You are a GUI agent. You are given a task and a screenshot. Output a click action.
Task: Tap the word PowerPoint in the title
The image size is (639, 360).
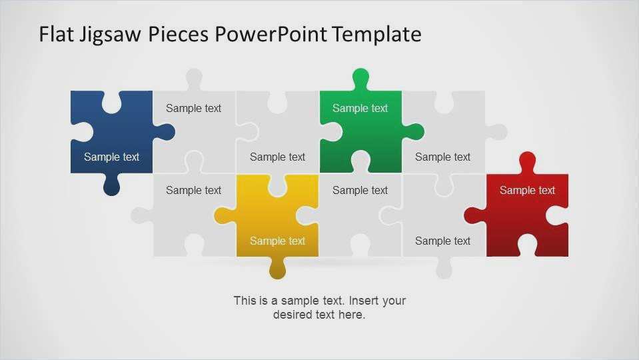(x=271, y=34)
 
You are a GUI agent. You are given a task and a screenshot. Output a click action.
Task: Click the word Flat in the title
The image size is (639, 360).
(x=57, y=34)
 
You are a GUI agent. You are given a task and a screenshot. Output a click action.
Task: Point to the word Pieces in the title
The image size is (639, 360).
(x=179, y=34)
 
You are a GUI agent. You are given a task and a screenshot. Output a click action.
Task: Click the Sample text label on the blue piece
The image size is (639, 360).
(x=112, y=157)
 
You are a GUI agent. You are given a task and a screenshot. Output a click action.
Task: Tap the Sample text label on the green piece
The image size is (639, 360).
(x=360, y=109)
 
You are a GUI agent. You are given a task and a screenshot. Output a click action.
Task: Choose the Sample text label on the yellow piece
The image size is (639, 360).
(x=278, y=241)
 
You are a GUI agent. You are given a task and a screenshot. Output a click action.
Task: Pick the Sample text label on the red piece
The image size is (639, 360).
(x=527, y=191)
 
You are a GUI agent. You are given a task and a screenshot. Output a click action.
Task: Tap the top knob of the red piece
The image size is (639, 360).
(x=528, y=163)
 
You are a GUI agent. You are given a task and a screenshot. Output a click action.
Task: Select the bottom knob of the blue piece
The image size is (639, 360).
(x=112, y=185)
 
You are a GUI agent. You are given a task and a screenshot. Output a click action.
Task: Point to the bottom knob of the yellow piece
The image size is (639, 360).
(x=278, y=268)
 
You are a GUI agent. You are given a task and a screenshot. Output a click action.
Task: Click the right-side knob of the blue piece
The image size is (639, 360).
(x=164, y=132)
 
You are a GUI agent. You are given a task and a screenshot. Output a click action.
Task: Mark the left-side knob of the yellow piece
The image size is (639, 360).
(x=225, y=216)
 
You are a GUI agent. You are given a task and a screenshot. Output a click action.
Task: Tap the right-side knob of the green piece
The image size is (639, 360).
(x=413, y=132)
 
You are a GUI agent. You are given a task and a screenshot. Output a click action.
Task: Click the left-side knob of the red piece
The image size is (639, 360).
(x=475, y=216)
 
